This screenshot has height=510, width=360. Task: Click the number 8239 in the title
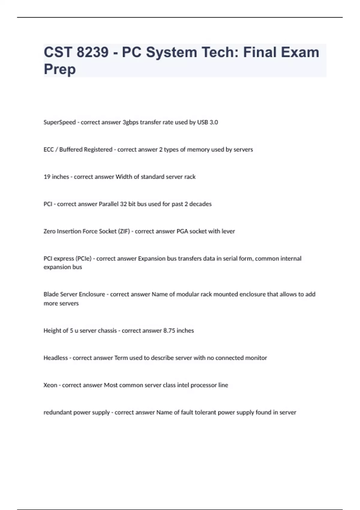coord(92,52)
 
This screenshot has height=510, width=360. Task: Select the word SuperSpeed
coord(59,122)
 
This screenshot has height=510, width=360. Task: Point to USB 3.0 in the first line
coord(207,122)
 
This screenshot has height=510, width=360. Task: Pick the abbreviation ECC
coord(49,149)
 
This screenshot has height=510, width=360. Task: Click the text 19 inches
coord(56,177)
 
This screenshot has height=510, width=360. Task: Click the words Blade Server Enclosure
coord(74,294)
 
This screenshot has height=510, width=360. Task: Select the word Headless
coord(55,358)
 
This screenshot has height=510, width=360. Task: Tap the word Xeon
coord(50,385)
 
